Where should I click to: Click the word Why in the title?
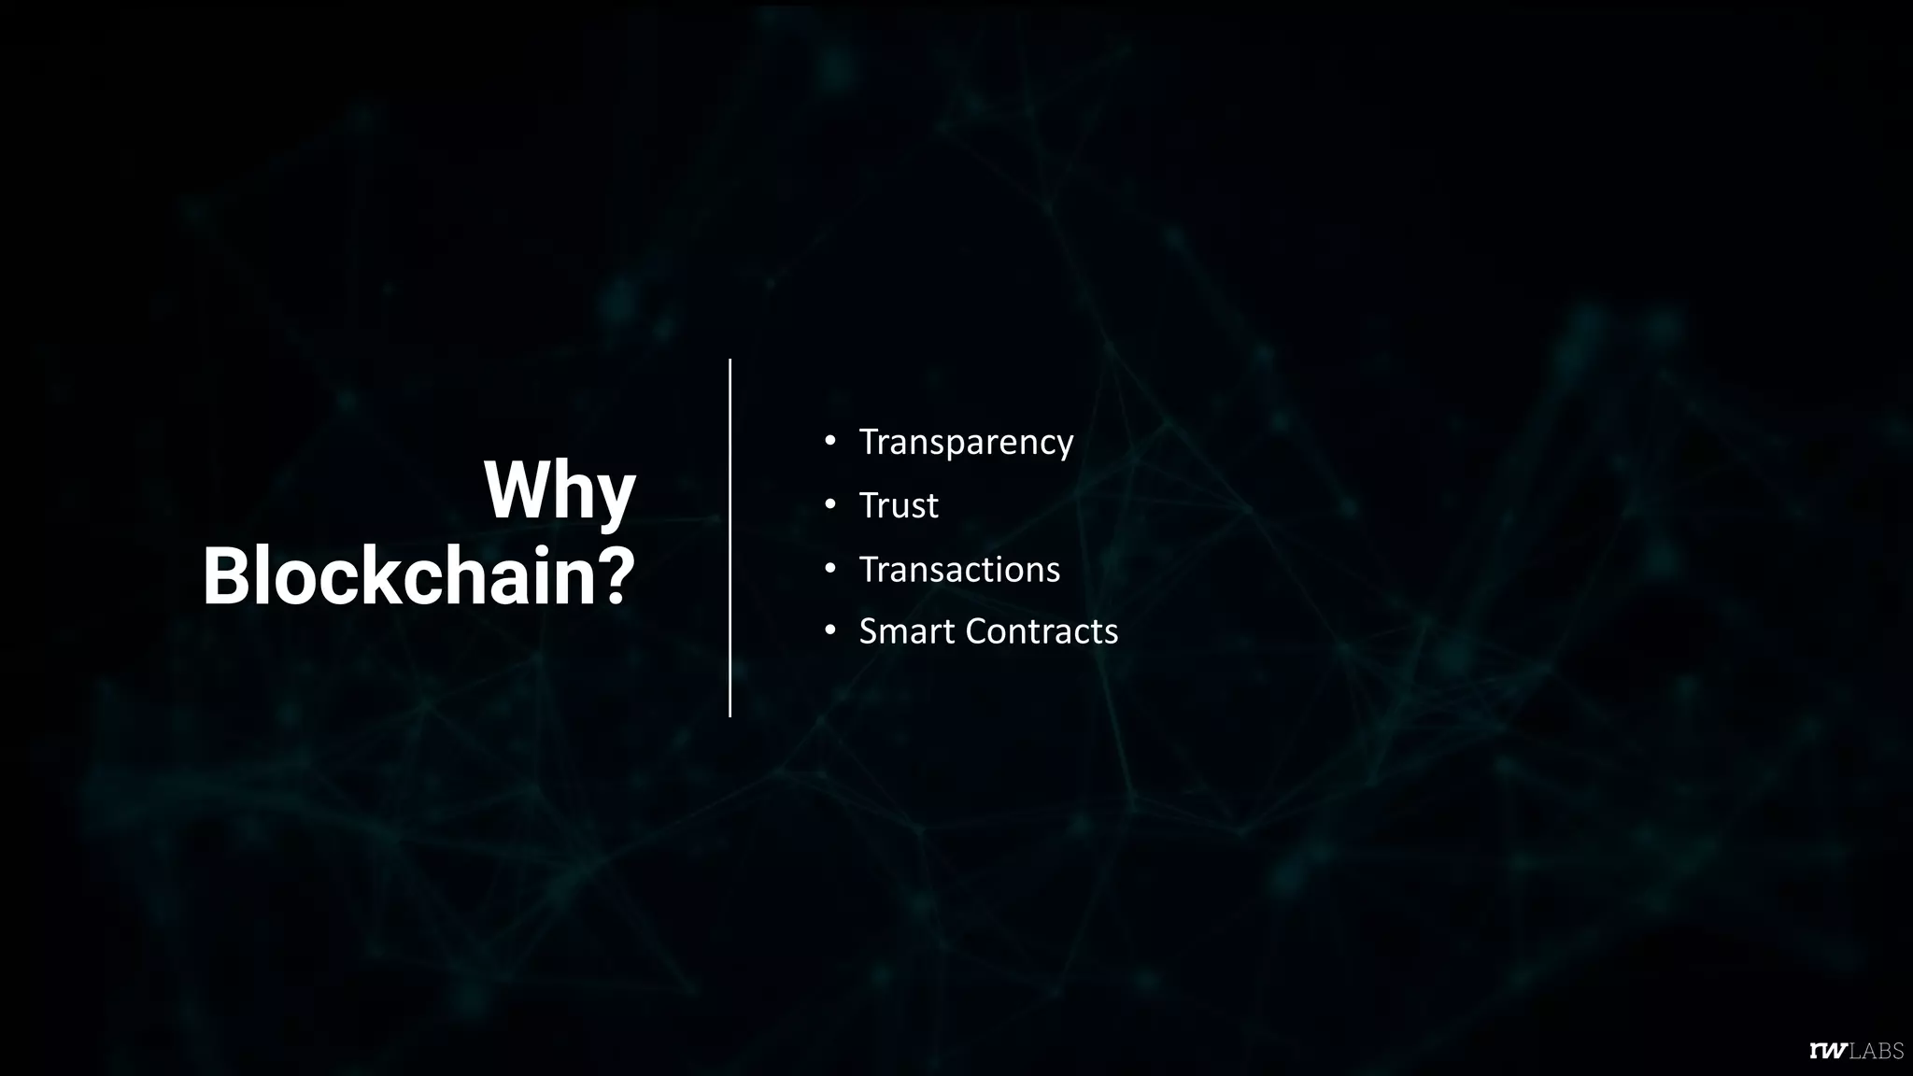[559, 491]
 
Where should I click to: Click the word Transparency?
[966, 442]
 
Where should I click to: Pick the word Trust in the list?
[898, 505]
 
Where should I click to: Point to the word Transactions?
[959, 570]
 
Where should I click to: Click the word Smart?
[907, 631]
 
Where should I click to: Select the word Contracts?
[1041, 631]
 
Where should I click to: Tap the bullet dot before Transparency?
[829, 440]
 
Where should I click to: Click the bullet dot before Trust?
[829, 504]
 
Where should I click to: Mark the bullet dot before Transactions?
[829, 568]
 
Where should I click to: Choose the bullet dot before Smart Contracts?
[829, 630]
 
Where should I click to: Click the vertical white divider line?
[730, 537]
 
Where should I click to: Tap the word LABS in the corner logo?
[1876, 1052]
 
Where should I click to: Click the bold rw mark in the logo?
[1828, 1052]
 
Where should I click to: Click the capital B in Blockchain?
[228, 576]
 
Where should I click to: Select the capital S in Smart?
[870, 631]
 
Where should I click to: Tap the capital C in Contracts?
[977, 631]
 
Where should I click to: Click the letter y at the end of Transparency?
[1064, 446]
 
